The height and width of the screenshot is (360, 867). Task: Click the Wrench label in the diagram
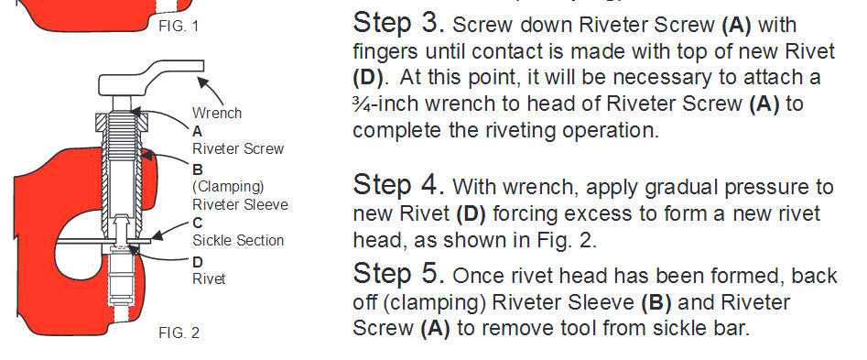[x=217, y=114]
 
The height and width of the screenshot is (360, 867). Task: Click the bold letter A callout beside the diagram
[x=197, y=131]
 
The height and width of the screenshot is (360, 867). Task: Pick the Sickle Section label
[x=238, y=240]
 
